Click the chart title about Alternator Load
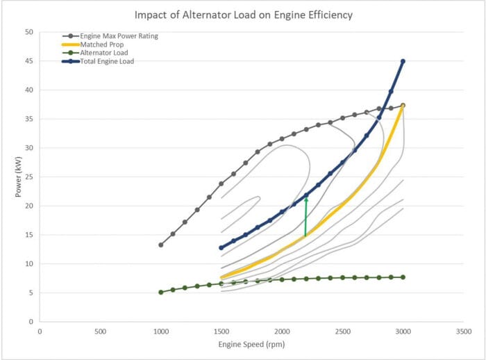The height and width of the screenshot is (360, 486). (x=242, y=15)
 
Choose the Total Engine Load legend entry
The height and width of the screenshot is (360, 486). (x=105, y=60)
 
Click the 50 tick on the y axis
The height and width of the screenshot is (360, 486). (x=28, y=32)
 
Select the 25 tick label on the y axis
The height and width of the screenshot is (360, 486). (x=28, y=177)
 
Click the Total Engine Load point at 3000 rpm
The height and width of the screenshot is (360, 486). (x=403, y=61)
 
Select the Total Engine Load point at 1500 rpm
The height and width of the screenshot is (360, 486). (x=221, y=247)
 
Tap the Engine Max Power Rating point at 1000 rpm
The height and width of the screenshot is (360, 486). (x=161, y=245)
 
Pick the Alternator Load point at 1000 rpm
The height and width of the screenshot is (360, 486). (x=161, y=292)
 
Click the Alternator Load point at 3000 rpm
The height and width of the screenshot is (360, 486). (x=403, y=277)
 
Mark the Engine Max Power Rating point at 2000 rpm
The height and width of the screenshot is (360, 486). (x=282, y=139)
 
